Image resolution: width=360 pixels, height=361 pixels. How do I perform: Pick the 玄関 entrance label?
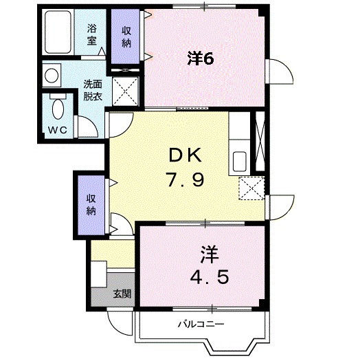122,294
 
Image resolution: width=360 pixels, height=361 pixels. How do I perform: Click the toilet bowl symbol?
58,108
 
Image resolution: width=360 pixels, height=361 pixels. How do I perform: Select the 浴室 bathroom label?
92,34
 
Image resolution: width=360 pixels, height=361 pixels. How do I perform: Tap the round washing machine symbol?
52,74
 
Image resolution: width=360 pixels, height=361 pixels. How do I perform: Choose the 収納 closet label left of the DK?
91,205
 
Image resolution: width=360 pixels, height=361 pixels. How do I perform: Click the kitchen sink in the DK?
240,161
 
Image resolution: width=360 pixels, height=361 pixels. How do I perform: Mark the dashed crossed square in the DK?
251,188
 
